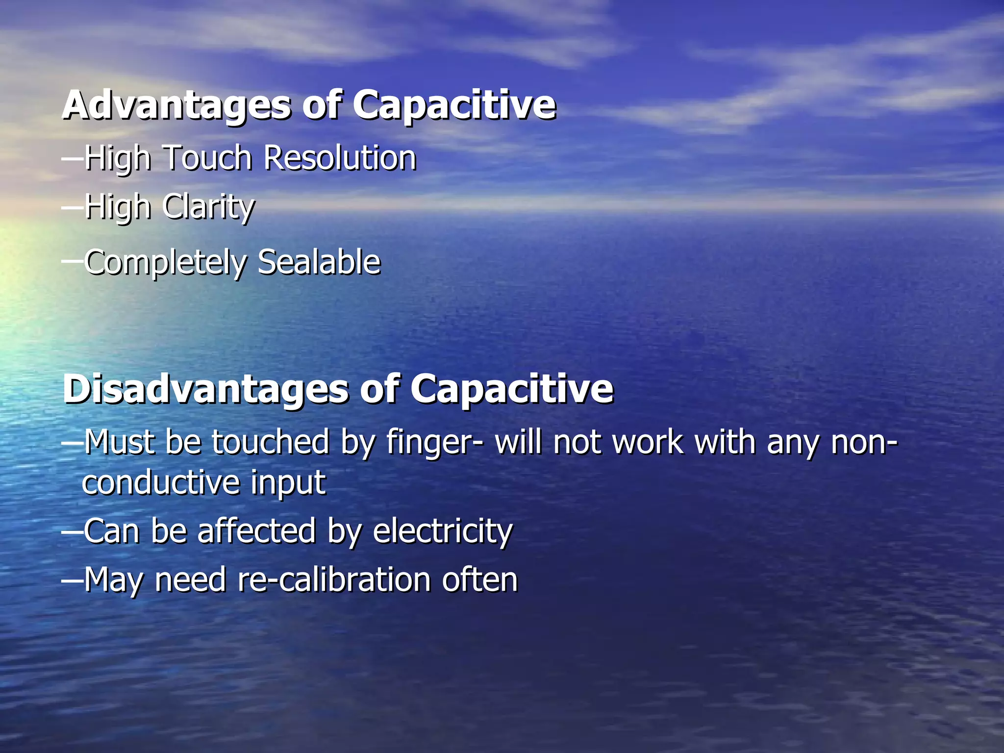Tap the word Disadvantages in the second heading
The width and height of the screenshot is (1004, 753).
click(x=206, y=390)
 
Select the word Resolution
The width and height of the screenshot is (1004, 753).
click(x=340, y=158)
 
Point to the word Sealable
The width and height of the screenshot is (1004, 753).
click(x=319, y=262)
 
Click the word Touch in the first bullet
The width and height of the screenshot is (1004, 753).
click(x=206, y=158)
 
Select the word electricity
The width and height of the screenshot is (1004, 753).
click(x=442, y=531)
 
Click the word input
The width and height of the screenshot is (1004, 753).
click(x=288, y=483)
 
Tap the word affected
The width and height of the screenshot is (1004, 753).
click(x=256, y=531)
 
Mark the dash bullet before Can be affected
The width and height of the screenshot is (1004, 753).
click(x=73, y=531)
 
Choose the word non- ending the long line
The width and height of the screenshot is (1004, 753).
click(x=864, y=443)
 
